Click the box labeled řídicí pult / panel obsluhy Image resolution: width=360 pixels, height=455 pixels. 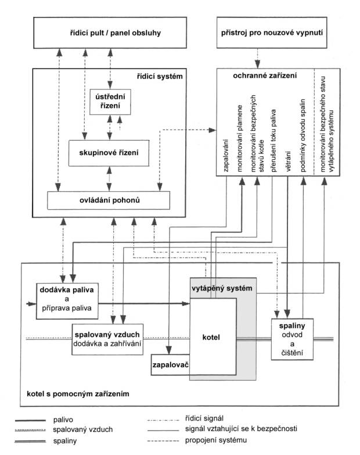coord(110,33)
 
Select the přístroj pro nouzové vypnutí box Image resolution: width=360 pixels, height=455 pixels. coord(272,33)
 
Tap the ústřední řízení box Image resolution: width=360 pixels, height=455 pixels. coord(110,102)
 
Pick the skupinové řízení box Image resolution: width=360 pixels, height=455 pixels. coord(109,153)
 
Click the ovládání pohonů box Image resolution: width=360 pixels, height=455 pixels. coord(109,200)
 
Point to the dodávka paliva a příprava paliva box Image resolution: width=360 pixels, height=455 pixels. coord(67,301)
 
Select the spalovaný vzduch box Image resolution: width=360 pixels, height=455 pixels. coord(107,339)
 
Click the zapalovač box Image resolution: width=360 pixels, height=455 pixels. coord(171,365)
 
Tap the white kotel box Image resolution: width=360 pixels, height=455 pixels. coord(213,336)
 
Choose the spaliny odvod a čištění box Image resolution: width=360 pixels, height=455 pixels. coord(292,339)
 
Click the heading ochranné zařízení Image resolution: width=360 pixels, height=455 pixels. coord(265,76)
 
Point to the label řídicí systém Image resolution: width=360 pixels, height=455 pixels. coord(160,77)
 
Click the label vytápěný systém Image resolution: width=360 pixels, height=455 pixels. coord(222,288)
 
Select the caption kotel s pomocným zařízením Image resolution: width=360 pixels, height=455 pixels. coord(78,394)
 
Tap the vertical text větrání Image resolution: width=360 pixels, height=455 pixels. coord(289,161)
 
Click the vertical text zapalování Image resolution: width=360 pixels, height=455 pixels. coord(226,156)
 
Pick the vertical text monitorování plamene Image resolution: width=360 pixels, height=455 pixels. coord(240,138)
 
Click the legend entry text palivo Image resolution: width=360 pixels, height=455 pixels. coord(63,420)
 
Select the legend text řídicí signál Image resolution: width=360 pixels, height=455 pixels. coord(204,418)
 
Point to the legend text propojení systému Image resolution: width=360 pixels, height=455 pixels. coord(216,440)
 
